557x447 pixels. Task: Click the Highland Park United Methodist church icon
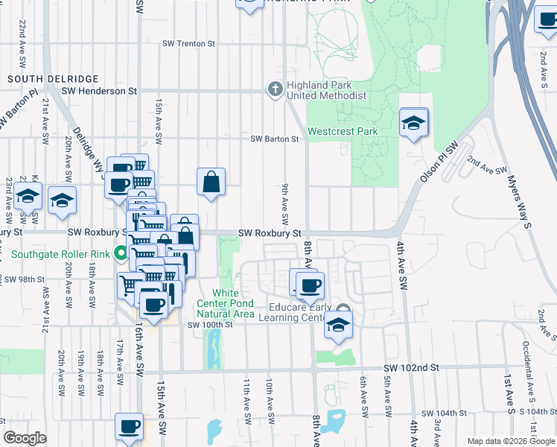pyautogui.click(x=275, y=89)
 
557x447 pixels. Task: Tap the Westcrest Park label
pyautogui.click(x=343, y=131)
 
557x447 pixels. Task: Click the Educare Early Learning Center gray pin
pyautogui.click(x=342, y=309)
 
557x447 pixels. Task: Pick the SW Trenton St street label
pyautogui.click(x=189, y=44)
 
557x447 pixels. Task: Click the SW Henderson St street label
pyautogui.click(x=100, y=91)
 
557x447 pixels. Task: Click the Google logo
pyautogui.click(x=25, y=438)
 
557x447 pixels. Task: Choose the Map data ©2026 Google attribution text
pyautogui.click(x=511, y=441)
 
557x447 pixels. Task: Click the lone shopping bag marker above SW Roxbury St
pyautogui.click(x=211, y=181)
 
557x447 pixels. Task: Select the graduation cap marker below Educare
pyautogui.click(x=338, y=326)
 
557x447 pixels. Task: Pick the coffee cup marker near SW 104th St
pyautogui.click(x=130, y=427)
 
